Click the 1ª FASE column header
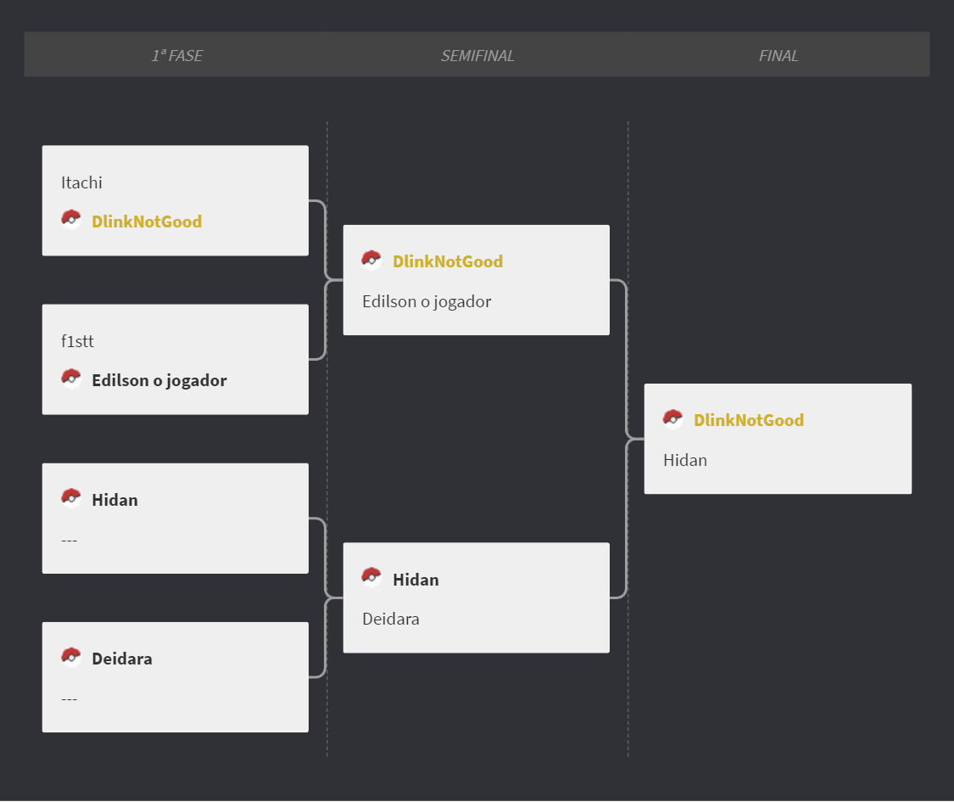[177, 56]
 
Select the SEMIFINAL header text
[477, 56]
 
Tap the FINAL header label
[778, 56]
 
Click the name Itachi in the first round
[81, 182]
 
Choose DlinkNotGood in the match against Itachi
[147, 222]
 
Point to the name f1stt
[77, 342]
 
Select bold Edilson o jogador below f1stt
[159, 380]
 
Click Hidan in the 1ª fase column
[115, 500]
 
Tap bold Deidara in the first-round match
[121, 659]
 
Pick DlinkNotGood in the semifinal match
[448, 262]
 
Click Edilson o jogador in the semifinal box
[427, 302]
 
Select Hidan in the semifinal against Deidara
[416, 580]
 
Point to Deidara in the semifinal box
[391, 620]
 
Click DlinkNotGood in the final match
[749, 420]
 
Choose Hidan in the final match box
[685, 460]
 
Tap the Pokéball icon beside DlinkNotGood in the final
[673, 419]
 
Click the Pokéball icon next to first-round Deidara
[71, 657]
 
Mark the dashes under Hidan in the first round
[69, 540]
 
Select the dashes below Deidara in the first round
[69, 699]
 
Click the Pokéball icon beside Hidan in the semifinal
[371, 577]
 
